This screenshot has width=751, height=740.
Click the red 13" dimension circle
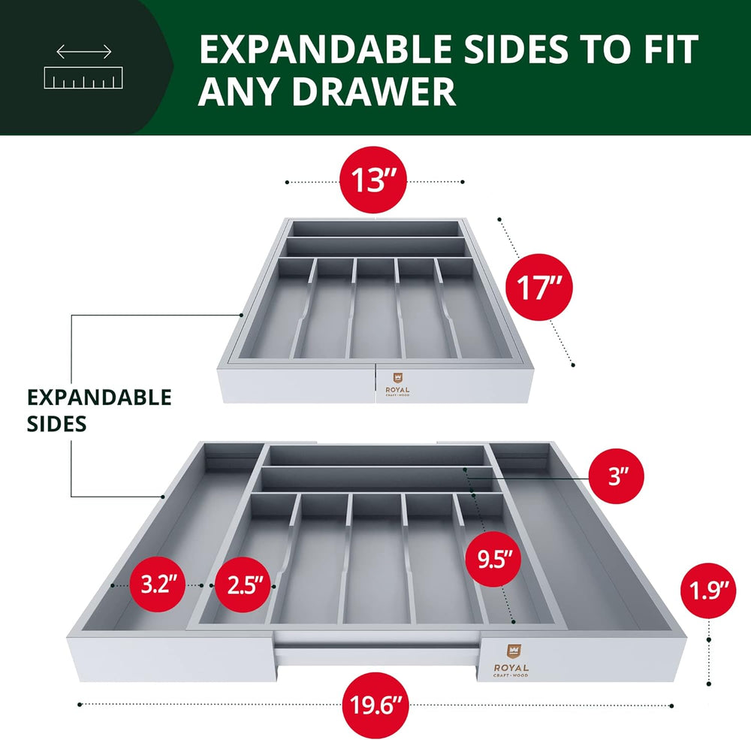373,180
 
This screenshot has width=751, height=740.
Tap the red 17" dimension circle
538,287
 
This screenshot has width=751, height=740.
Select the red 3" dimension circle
617,476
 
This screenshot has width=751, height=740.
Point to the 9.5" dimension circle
493,559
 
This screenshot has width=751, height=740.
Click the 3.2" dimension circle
157,584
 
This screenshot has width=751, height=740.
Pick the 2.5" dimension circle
243,585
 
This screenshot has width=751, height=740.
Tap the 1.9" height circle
708,590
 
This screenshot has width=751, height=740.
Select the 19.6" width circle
373,705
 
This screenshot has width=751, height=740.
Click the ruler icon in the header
83,77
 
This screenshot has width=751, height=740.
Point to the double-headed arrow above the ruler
84,51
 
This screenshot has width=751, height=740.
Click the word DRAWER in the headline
373,91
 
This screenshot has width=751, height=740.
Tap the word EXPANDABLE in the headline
325,49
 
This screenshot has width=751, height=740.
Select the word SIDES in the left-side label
56,424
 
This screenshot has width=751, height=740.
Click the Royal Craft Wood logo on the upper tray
397,385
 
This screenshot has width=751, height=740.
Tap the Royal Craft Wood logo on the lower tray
511,660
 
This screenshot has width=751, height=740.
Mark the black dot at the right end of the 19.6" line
671,705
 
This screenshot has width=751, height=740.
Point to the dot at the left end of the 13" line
287,182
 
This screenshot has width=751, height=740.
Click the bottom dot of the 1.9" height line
709,684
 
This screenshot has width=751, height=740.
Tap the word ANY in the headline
239,91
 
